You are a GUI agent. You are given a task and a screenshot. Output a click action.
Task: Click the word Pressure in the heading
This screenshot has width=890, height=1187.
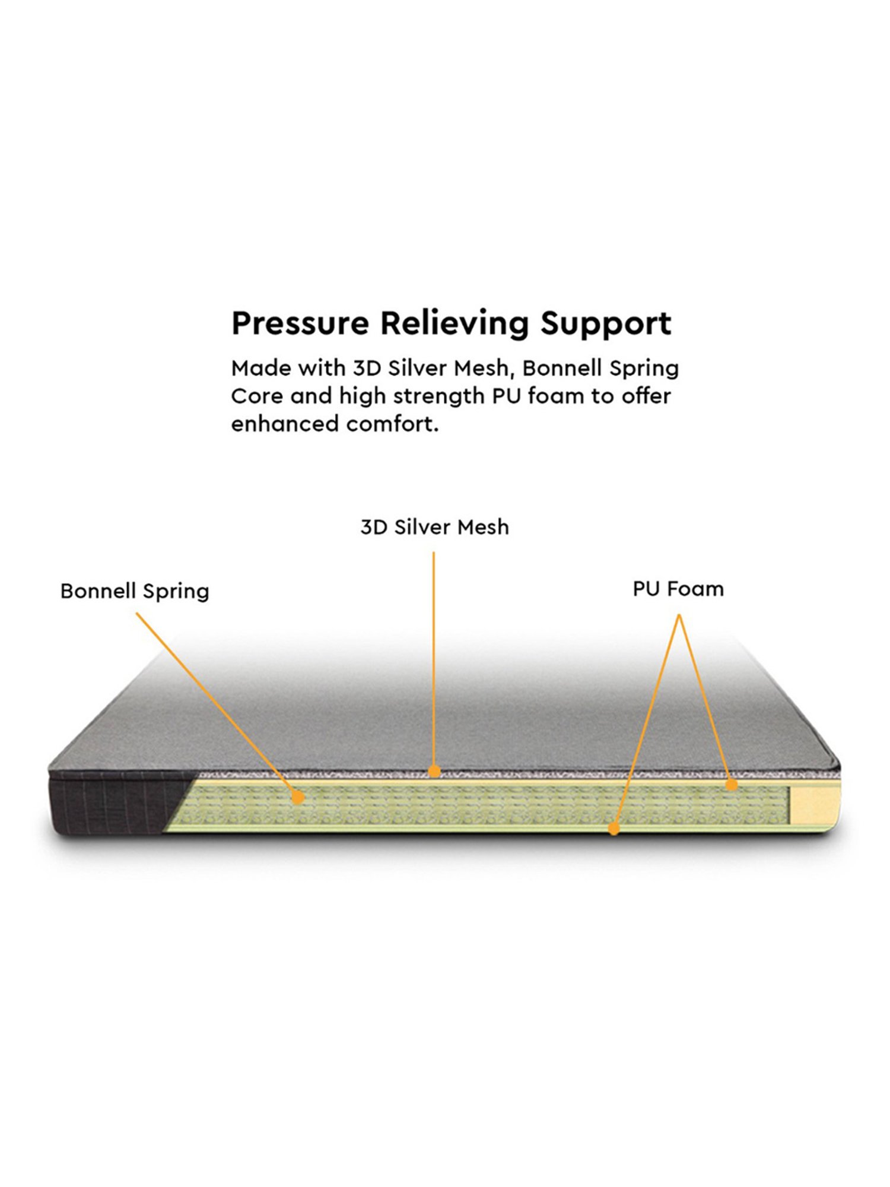[300, 324]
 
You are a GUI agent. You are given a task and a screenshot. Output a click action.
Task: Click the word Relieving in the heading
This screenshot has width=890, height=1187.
[454, 324]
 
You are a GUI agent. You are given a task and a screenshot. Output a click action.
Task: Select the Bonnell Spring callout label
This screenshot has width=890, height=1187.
[135, 592]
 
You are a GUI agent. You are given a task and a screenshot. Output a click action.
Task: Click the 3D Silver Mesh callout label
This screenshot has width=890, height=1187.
[434, 527]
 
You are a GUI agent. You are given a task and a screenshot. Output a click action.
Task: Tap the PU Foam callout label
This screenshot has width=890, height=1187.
[678, 589]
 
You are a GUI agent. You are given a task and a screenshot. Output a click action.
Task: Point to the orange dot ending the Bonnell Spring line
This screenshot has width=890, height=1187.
[298, 798]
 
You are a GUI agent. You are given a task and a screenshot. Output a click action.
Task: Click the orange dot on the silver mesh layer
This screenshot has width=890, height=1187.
[434, 772]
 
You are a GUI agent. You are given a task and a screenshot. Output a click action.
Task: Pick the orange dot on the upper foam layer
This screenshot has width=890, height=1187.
[732, 785]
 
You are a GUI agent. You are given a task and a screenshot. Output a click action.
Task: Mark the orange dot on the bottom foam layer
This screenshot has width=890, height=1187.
[614, 828]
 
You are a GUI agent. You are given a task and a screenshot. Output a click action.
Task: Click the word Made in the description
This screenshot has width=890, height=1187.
[259, 369]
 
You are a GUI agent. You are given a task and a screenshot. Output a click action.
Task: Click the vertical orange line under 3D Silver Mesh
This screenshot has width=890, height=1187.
[434, 653]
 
